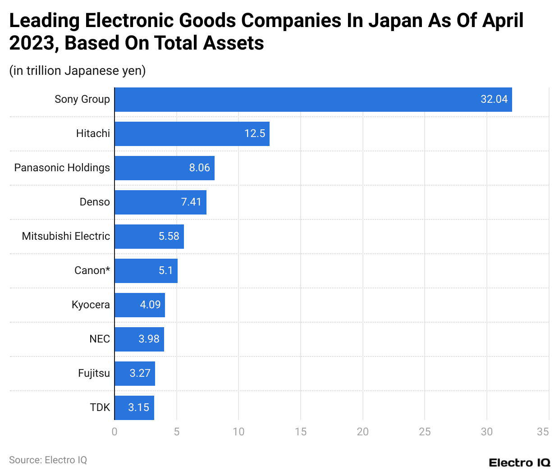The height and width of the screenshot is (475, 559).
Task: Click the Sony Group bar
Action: tap(313, 100)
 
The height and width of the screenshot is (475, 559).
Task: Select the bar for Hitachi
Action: tap(192, 134)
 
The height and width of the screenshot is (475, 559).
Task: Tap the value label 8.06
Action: tap(199, 168)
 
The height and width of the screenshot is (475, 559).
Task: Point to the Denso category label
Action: tap(95, 202)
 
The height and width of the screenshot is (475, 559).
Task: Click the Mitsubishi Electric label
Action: tap(66, 236)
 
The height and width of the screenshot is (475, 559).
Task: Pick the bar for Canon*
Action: tap(146, 271)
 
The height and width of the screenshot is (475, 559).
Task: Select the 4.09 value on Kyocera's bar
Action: tap(150, 305)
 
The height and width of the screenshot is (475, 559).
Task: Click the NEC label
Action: tap(100, 339)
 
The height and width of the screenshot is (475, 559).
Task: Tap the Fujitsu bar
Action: tap(134, 374)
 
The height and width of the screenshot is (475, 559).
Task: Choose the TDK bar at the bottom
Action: tap(134, 408)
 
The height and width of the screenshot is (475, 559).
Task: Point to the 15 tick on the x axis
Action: tap(301, 432)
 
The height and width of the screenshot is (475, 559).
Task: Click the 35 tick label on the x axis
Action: tap(543, 432)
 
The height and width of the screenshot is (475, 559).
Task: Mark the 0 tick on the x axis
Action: tap(115, 432)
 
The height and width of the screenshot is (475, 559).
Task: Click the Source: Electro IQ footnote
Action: tap(48, 460)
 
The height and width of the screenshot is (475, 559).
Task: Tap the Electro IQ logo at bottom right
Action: tap(519, 463)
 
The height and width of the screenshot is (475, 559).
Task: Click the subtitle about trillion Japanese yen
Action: tap(78, 71)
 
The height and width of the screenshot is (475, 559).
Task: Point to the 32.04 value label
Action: tap(494, 99)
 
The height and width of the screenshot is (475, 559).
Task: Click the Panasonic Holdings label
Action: tap(62, 168)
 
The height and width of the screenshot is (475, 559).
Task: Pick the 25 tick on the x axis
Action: tap(425, 432)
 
